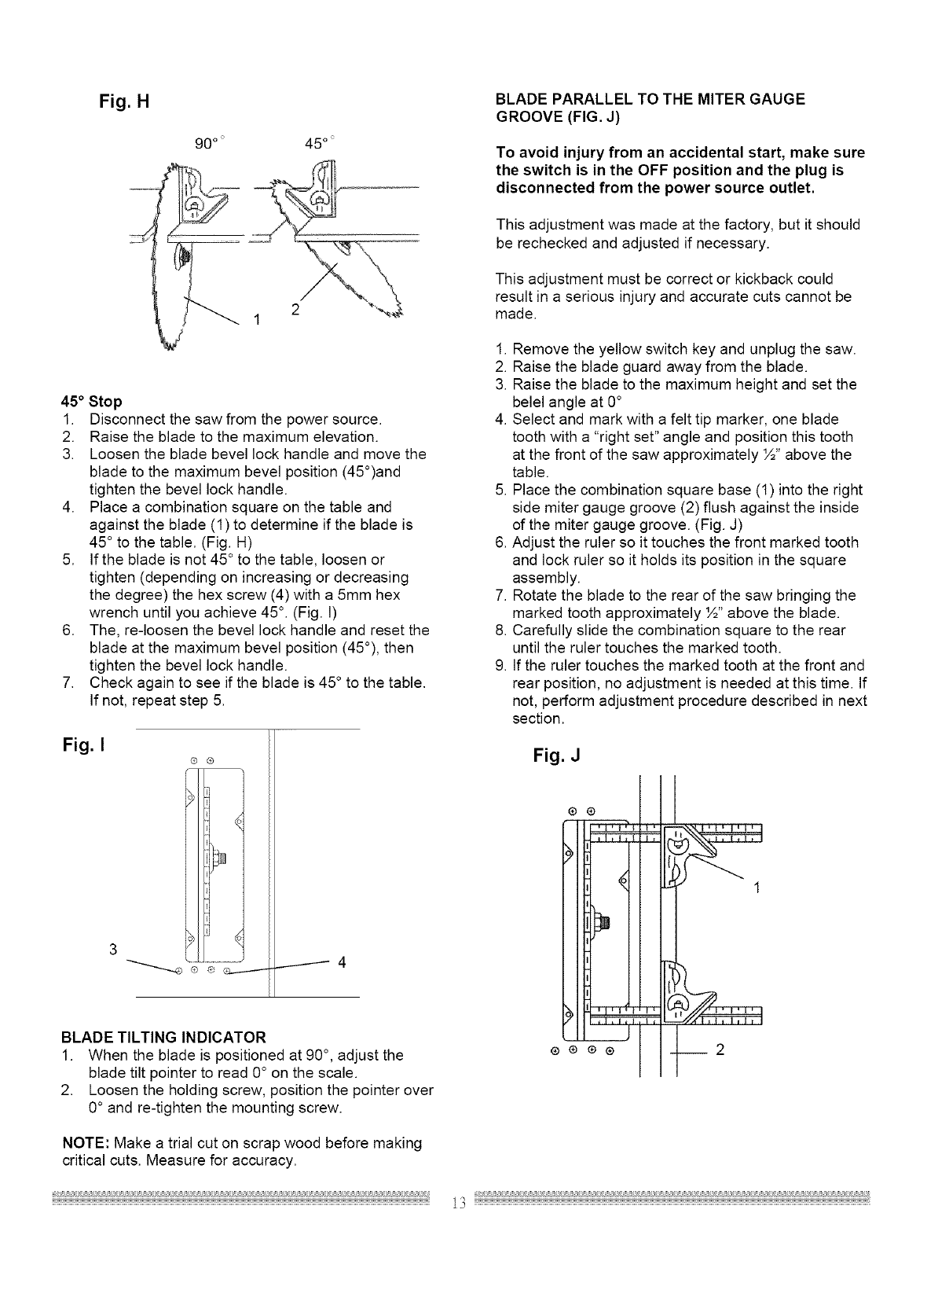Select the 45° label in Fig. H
[x=316, y=144]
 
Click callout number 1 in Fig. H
[x=256, y=319]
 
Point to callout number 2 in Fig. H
[x=295, y=310]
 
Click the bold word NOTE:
[x=81, y=1142]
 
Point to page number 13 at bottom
[x=459, y=1203]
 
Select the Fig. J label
[x=556, y=756]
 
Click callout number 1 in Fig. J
[x=757, y=888]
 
